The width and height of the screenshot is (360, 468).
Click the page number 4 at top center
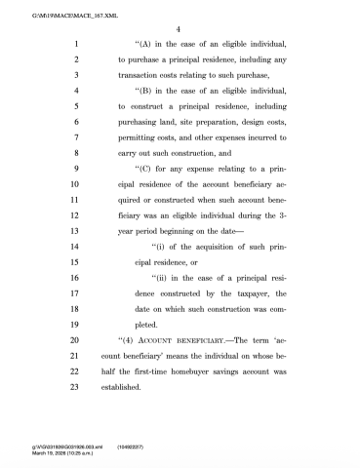(180, 29)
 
